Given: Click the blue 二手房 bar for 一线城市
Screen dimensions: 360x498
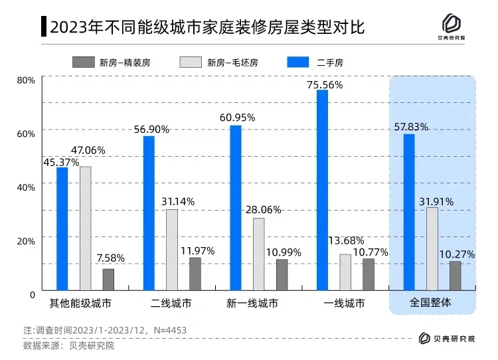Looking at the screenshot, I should click(322, 190).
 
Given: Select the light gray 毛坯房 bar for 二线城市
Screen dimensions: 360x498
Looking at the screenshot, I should click(172, 250).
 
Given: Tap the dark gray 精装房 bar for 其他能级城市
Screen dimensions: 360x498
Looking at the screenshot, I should click(108, 279).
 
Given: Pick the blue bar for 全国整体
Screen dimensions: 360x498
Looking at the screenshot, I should click(409, 212).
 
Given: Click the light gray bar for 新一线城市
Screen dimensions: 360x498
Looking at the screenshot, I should click(258, 254).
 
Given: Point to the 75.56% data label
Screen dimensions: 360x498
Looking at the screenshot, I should click(325, 84).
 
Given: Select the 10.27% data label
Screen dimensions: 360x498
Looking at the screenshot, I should click(456, 254).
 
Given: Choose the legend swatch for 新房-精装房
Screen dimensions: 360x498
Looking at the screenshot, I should click(84, 62).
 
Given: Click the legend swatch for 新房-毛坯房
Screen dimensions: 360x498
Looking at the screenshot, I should click(191, 62).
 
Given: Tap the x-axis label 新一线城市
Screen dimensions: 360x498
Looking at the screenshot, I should click(254, 304).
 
